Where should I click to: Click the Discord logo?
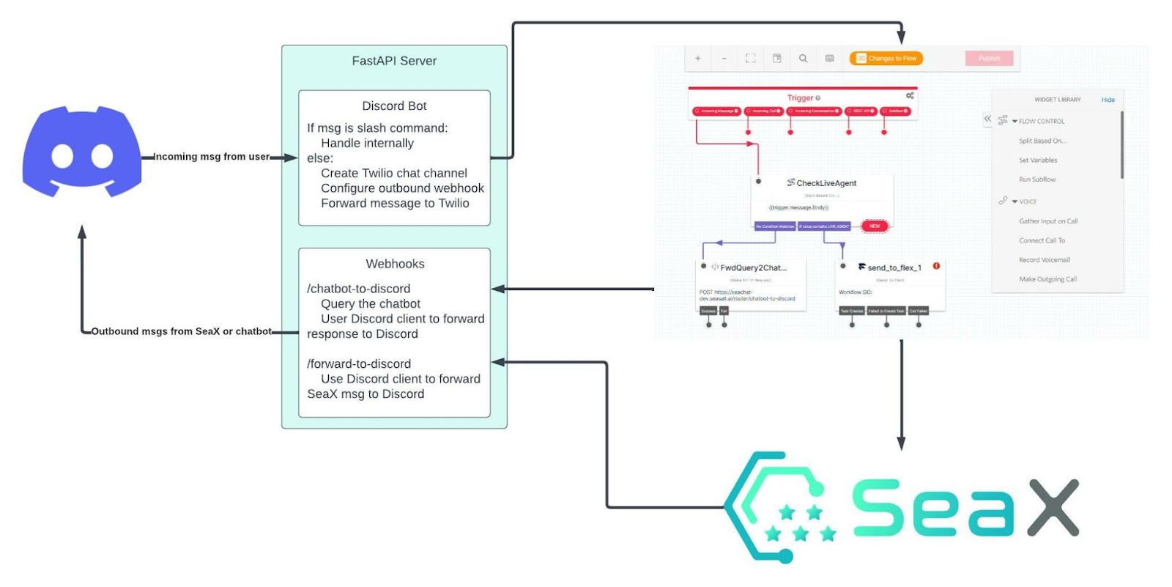click(x=81, y=152)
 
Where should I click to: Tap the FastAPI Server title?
click(x=394, y=61)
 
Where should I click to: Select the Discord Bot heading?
click(x=394, y=106)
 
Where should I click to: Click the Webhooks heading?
click(x=395, y=264)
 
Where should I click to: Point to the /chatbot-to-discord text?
click(x=358, y=289)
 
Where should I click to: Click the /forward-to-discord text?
click(x=359, y=364)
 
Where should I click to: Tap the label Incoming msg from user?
click(x=211, y=157)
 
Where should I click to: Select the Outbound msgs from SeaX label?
click(x=181, y=331)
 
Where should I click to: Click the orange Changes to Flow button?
click(x=886, y=59)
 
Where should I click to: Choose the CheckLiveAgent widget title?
click(x=826, y=183)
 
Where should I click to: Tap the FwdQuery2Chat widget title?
click(x=753, y=267)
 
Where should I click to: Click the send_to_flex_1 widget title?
click(x=894, y=267)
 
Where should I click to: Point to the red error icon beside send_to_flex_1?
click(x=936, y=266)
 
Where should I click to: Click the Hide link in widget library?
click(x=1108, y=100)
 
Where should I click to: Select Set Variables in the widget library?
click(x=1037, y=160)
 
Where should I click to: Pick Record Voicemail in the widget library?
click(x=1044, y=260)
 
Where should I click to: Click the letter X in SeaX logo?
click(x=1052, y=507)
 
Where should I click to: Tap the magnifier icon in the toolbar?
click(x=803, y=59)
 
